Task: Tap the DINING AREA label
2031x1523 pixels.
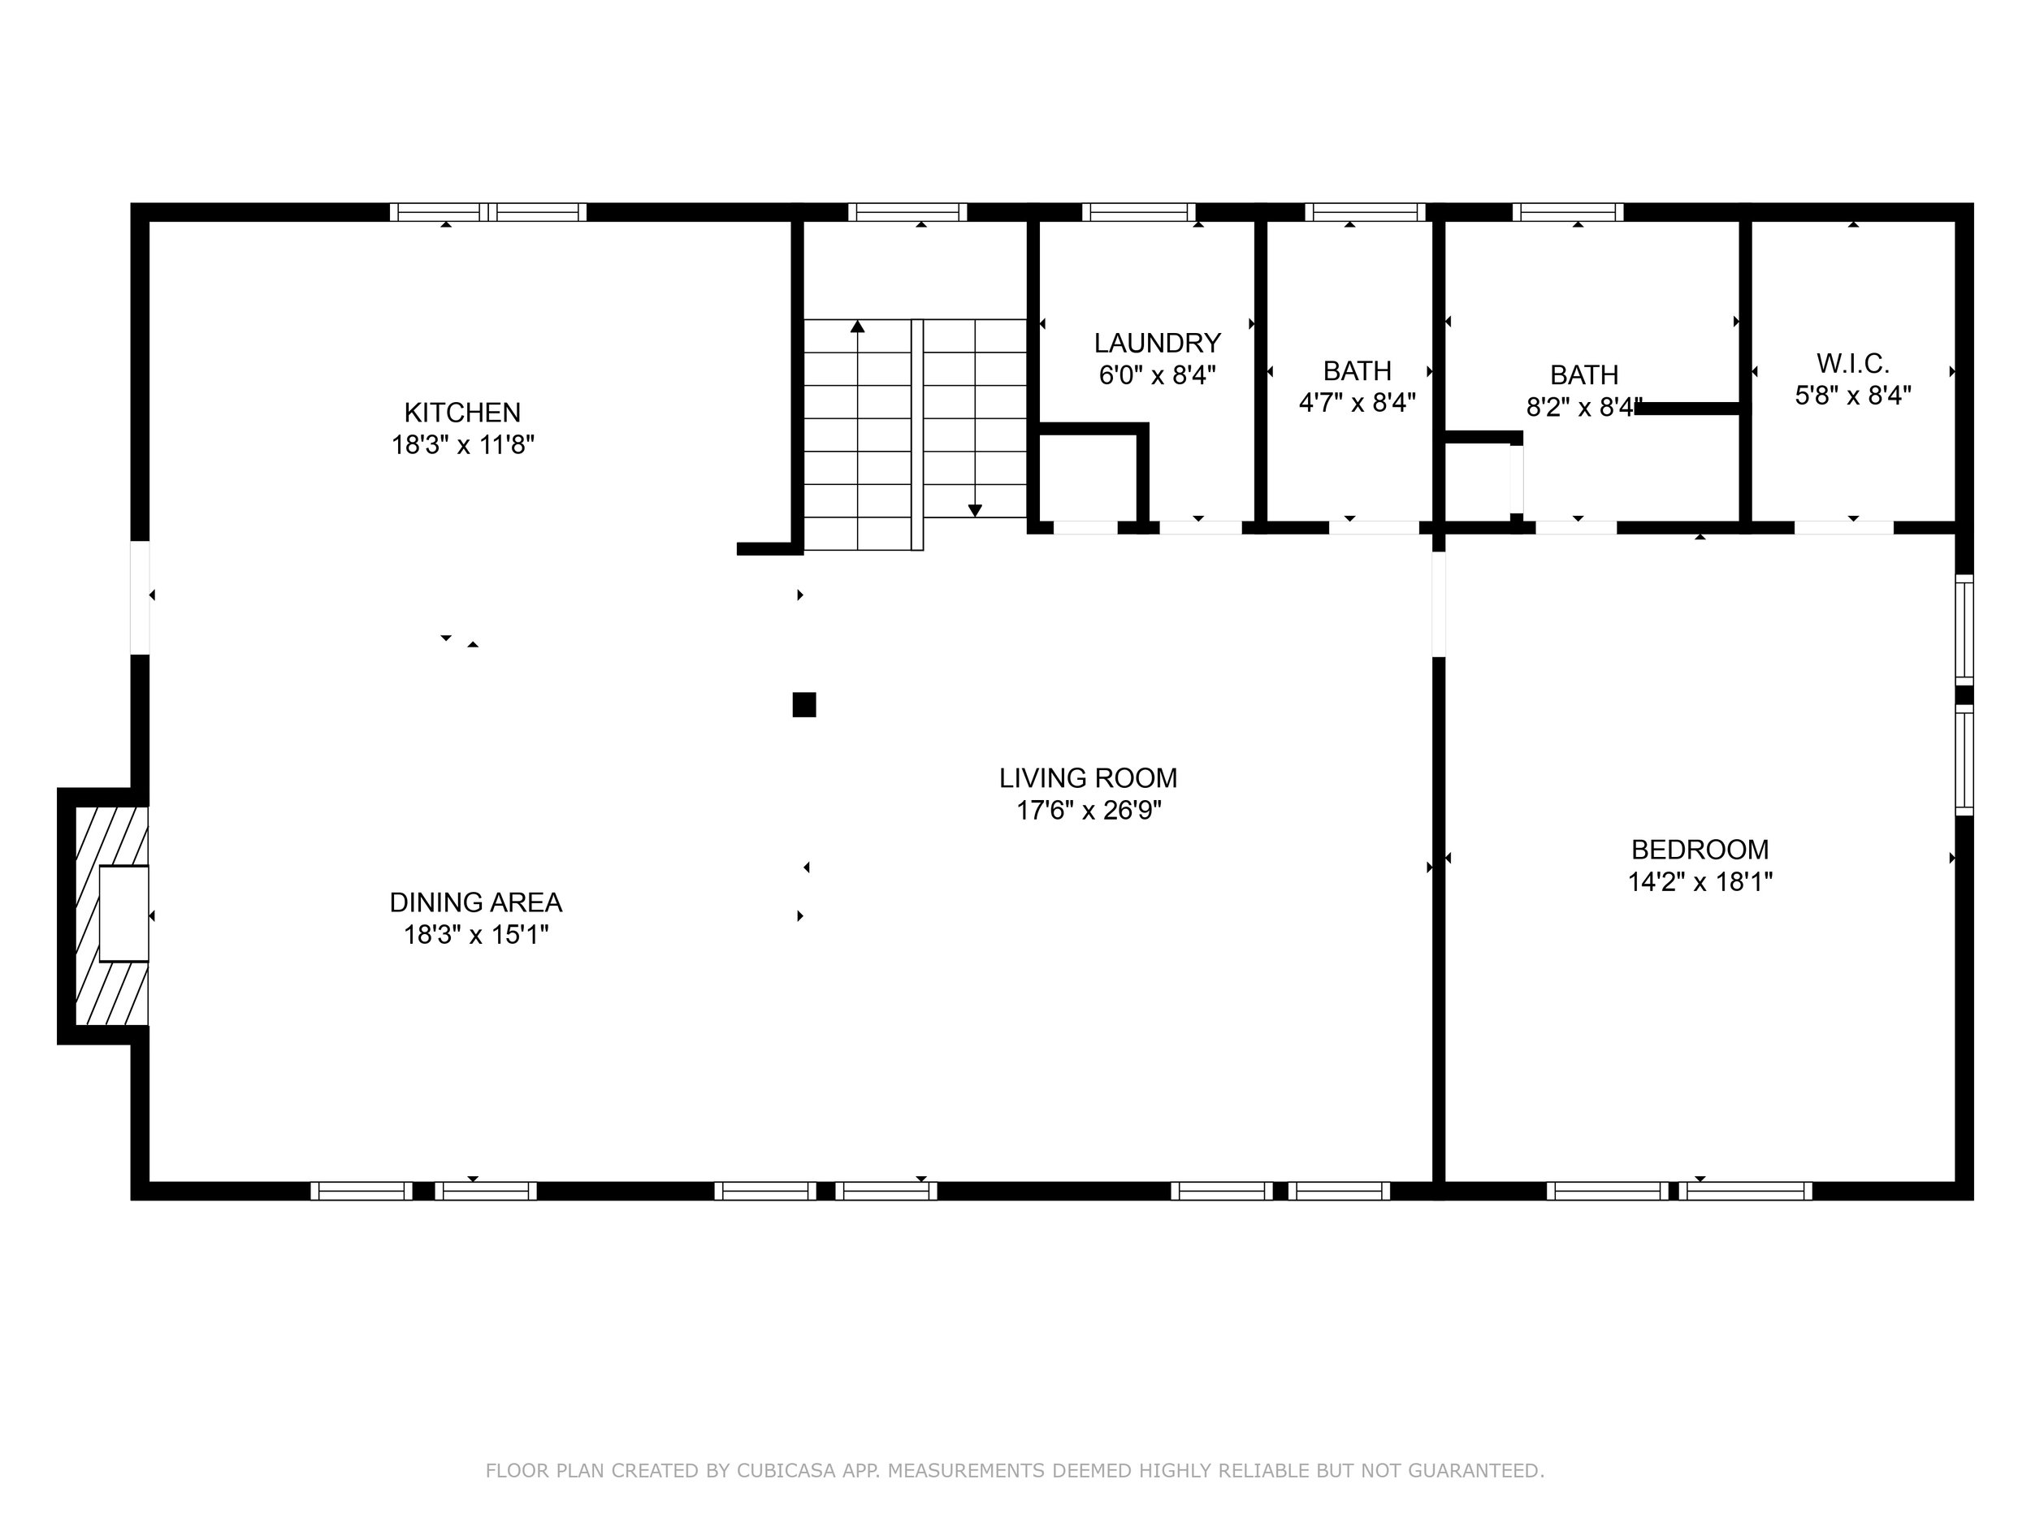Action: coord(475,902)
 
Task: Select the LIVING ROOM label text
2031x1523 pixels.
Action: coord(1088,778)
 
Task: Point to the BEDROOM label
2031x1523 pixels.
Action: coord(1700,849)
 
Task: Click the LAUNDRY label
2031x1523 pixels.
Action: coord(1157,344)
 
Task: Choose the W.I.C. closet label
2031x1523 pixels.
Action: coord(1853,364)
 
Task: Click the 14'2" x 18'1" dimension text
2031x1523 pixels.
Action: coord(1700,882)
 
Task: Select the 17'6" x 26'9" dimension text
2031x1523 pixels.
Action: coord(1088,811)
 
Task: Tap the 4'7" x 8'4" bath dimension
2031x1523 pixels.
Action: coord(1357,403)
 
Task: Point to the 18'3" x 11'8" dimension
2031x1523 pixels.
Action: coord(463,445)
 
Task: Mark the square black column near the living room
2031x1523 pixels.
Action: coord(804,705)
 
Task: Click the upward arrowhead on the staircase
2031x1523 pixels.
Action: coord(858,326)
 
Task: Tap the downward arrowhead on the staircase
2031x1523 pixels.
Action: coord(975,510)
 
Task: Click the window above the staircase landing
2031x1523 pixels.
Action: coord(907,212)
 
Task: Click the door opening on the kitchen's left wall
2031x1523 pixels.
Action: coord(140,598)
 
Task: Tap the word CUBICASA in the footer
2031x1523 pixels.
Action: coord(786,1471)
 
